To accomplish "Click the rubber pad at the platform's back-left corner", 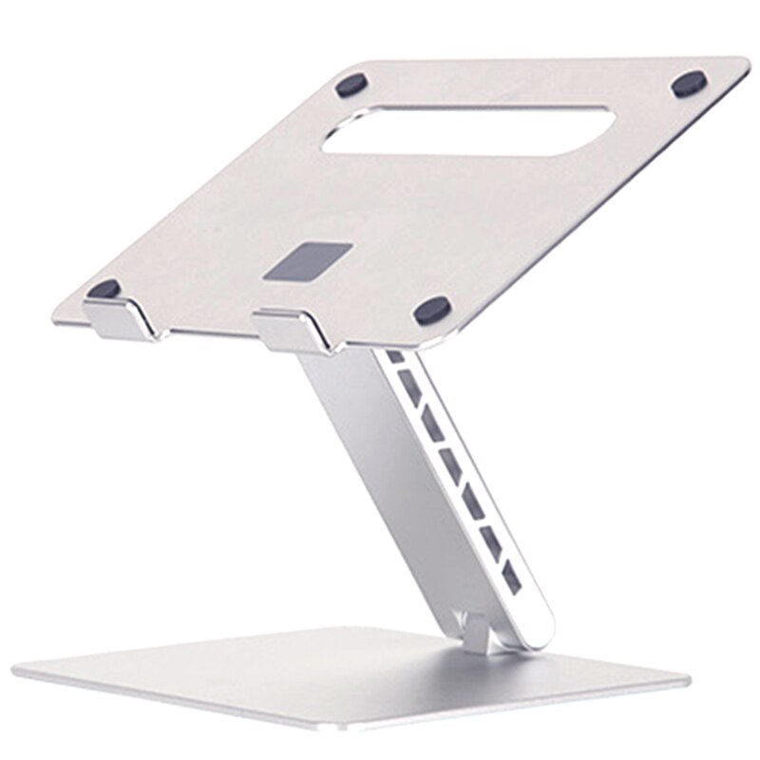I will [351, 85].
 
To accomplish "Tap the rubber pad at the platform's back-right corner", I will [689, 84].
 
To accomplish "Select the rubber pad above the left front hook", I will [104, 289].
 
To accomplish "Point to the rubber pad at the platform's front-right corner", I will [432, 310].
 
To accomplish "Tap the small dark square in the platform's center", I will [308, 260].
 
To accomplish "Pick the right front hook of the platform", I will [294, 330].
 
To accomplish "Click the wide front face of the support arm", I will [399, 475].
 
